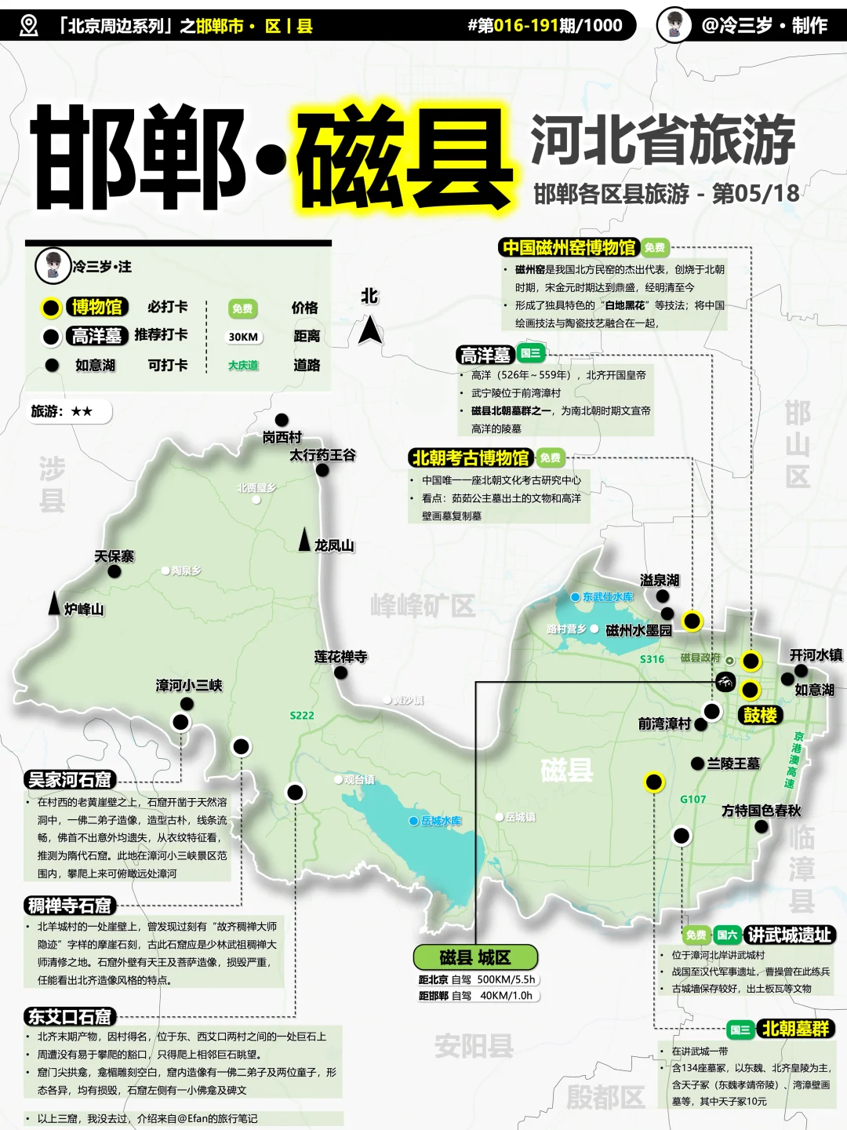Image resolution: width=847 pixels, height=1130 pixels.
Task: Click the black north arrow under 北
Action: pyautogui.click(x=370, y=330)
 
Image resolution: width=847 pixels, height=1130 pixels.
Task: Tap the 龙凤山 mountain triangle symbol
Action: pyautogui.click(x=305, y=540)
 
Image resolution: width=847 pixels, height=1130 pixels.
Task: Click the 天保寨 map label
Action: pyautogui.click(x=115, y=556)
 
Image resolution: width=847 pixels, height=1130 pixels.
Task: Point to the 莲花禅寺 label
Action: pyautogui.click(x=340, y=657)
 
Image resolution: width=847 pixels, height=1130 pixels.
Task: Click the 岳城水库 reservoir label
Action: pyautogui.click(x=441, y=821)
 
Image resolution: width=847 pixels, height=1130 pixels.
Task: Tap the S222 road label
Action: pyautogui.click(x=302, y=716)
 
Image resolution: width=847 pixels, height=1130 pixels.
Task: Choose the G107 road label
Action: pyautogui.click(x=693, y=799)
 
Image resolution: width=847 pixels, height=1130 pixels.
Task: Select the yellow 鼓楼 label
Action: pyautogui.click(x=760, y=715)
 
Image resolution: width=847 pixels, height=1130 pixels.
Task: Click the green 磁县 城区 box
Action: pyautogui.click(x=475, y=957)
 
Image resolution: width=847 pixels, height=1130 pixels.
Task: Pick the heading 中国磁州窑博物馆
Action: pyautogui.click(x=569, y=248)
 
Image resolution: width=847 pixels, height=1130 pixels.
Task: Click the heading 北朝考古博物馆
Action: pyautogui.click(x=471, y=457)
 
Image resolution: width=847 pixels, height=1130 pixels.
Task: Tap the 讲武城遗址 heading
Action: pyautogui.click(x=789, y=935)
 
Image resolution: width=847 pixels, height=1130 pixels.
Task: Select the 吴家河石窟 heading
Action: pyautogui.click(x=70, y=779)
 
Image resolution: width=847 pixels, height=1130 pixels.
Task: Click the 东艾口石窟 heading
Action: pyautogui.click(x=70, y=1017)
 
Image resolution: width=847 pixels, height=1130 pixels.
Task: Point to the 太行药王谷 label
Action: pyautogui.click(x=323, y=455)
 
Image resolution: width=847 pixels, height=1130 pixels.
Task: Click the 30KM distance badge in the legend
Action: pyautogui.click(x=243, y=337)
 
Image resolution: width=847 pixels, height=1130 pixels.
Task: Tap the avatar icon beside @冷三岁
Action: pyautogui.click(x=674, y=24)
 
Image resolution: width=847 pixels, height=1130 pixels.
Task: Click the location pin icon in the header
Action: pyautogui.click(x=28, y=25)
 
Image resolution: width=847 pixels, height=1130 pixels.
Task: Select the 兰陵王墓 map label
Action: pyautogui.click(x=733, y=763)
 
